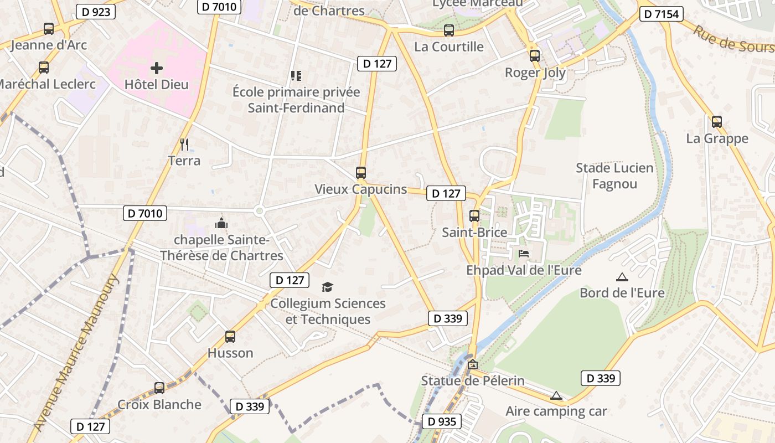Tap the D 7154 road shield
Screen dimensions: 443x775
(661, 14)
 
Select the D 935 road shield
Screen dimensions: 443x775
(442, 422)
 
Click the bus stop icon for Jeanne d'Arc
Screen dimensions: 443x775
(49, 28)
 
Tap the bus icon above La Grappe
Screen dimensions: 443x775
(717, 121)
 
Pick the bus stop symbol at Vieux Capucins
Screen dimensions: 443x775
(361, 172)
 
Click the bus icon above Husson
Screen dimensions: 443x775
(230, 336)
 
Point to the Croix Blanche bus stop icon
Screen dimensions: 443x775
(159, 388)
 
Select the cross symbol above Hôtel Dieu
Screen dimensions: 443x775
(157, 68)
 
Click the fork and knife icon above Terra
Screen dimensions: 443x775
(184, 145)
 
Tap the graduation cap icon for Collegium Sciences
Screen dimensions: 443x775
(328, 287)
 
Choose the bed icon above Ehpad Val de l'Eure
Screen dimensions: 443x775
(524, 254)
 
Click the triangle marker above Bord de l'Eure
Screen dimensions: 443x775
(622, 277)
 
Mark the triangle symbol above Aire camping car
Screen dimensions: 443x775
(556, 395)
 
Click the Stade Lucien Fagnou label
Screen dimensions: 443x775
(614, 176)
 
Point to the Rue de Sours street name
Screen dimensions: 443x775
(733, 39)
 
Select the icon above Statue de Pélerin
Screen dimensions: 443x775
(472, 364)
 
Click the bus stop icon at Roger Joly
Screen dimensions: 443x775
(534, 55)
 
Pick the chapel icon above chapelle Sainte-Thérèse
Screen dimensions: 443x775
(221, 224)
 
